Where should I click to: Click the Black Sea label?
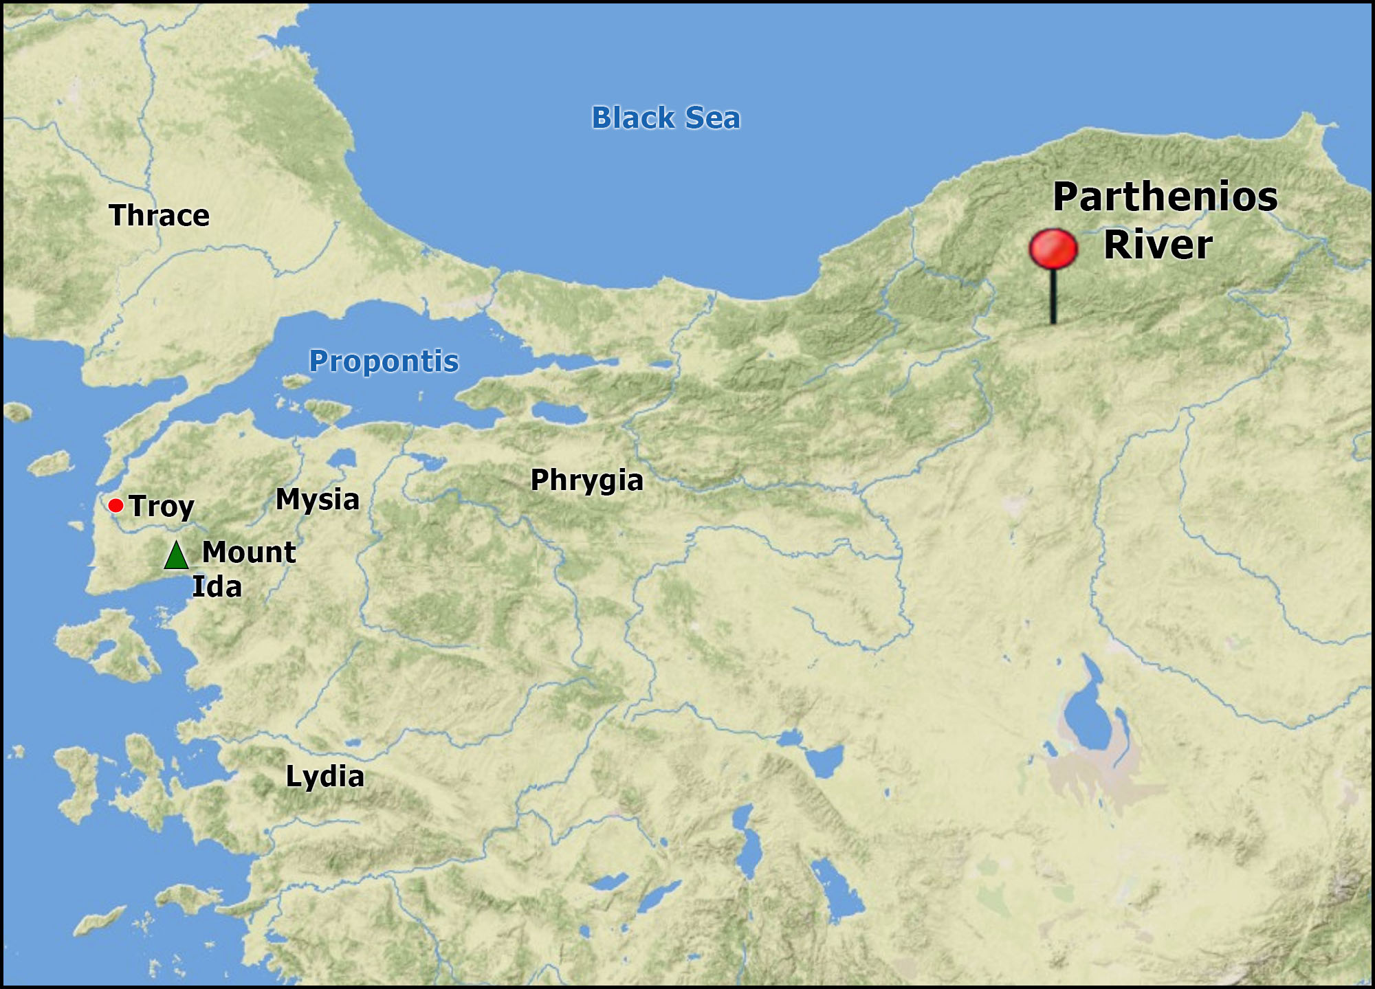click(665, 118)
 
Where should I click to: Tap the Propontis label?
click(384, 361)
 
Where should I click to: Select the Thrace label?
click(159, 215)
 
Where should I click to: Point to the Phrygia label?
click(586, 480)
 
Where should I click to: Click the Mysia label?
click(317, 499)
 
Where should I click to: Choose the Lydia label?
click(324, 776)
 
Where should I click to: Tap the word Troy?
click(162, 507)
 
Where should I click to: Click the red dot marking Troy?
click(115, 506)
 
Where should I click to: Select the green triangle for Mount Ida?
click(176, 555)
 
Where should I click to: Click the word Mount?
click(249, 552)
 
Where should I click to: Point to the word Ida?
click(217, 587)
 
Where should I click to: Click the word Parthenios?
click(1165, 197)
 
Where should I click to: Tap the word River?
click(1158, 245)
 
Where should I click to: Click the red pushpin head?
click(1053, 249)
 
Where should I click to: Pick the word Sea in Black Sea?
click(712, 118)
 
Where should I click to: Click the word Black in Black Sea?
click(633, 118)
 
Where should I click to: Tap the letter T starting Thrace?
click(118, 215)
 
